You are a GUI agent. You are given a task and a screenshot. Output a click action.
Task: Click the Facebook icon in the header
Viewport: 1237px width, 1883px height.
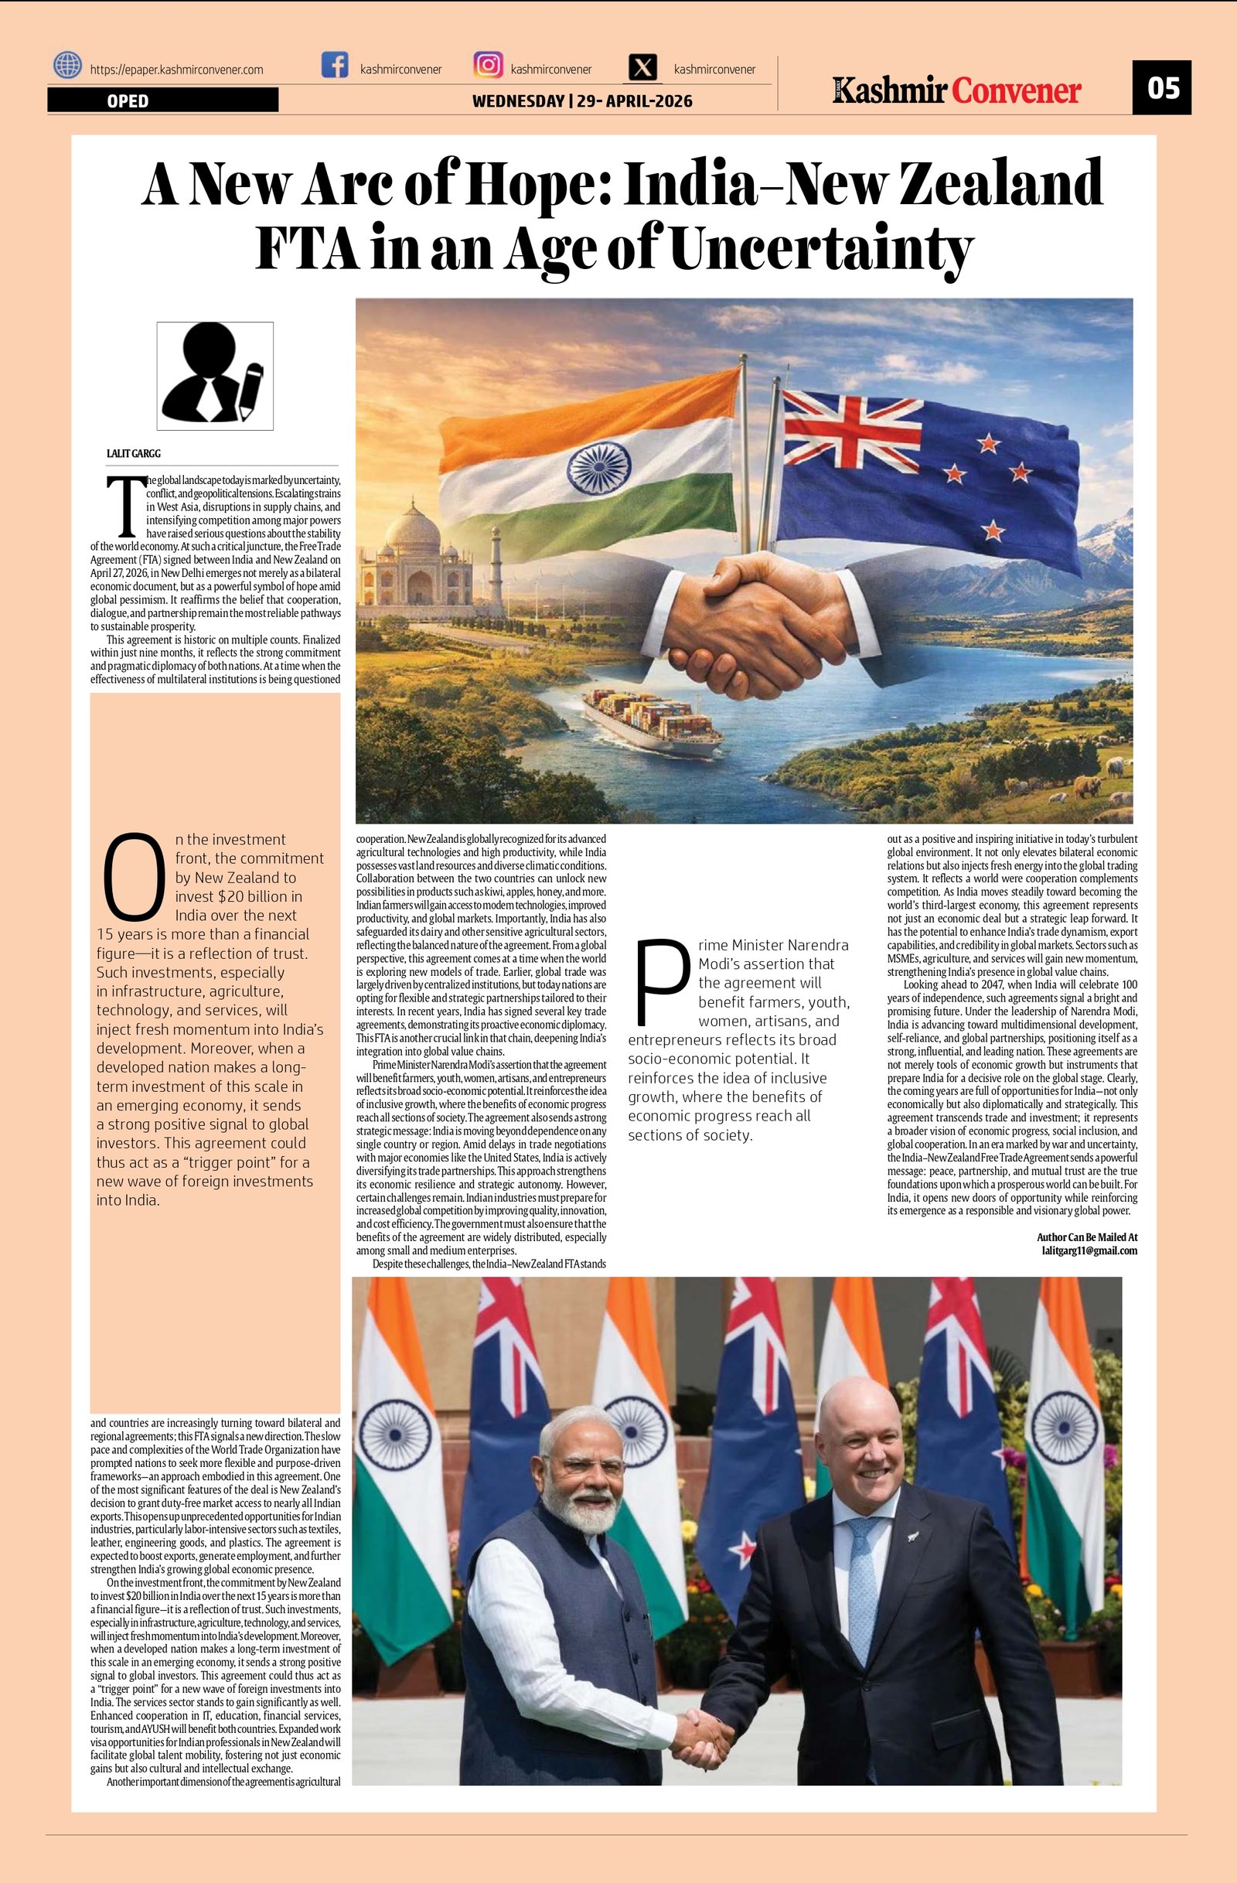click(336, 65)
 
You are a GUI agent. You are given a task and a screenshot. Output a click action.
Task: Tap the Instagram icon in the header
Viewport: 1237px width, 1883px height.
click(488, 65)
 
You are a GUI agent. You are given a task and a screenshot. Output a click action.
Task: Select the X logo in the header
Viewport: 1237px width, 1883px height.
click(643, 68)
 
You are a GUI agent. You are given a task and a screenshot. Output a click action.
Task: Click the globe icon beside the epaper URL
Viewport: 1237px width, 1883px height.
click(68, 65)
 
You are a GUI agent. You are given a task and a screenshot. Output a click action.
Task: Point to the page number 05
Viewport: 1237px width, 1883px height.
click(1163, 87)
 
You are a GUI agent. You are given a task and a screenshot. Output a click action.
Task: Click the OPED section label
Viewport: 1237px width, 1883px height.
click(128, 101)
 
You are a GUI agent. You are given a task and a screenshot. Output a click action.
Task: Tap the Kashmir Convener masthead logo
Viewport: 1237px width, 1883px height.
click(956, 90)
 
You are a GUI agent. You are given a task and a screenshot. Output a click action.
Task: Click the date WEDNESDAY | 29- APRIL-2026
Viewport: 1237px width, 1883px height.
click(582, 101)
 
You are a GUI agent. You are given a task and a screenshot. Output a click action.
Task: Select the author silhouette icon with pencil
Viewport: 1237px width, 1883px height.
click(215, 376)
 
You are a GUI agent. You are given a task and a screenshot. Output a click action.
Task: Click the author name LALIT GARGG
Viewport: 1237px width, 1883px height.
click(134, 453)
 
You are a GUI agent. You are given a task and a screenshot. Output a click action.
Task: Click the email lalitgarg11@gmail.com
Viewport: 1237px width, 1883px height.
click(1089, 1250)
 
